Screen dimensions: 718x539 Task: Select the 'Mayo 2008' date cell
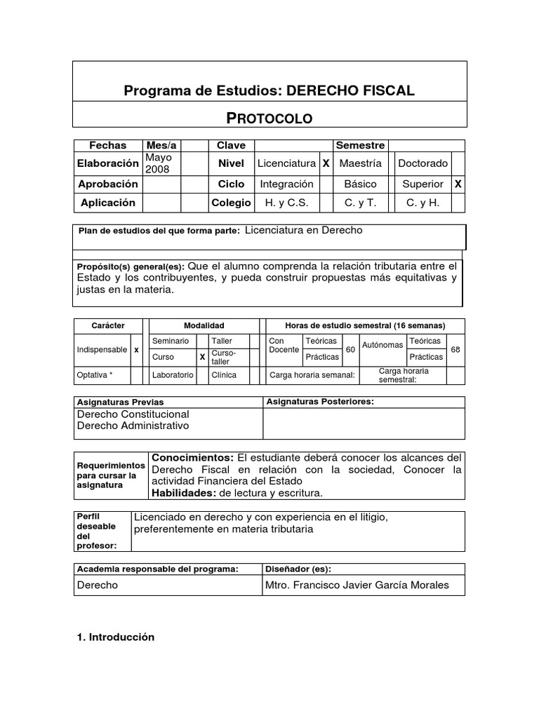[159, 163]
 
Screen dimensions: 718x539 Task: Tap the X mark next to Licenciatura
[326, 163]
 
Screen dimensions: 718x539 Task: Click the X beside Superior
[458, 184]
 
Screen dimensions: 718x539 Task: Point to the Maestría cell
[360, 163]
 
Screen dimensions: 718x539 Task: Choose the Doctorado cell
[422, 163]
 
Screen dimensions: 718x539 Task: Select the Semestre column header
[360, 145]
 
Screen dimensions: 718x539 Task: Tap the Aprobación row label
[107, 184]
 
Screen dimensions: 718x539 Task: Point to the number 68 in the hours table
[455, 348]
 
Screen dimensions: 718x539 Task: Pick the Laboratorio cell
[173, 375]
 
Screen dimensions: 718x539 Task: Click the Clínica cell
[224, 375]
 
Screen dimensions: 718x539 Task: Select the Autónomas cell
[382, 345]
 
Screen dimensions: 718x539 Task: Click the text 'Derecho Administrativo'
[133, 426]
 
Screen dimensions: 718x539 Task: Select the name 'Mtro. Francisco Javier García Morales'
[357, 585]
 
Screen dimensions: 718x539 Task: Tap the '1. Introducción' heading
[115, 637]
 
